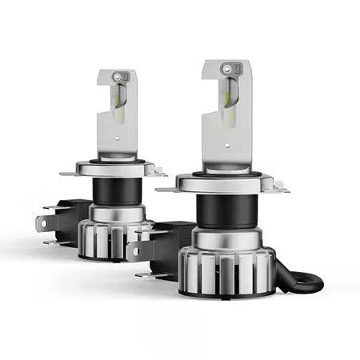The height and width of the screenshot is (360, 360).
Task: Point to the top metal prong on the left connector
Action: tap(50, 209)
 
